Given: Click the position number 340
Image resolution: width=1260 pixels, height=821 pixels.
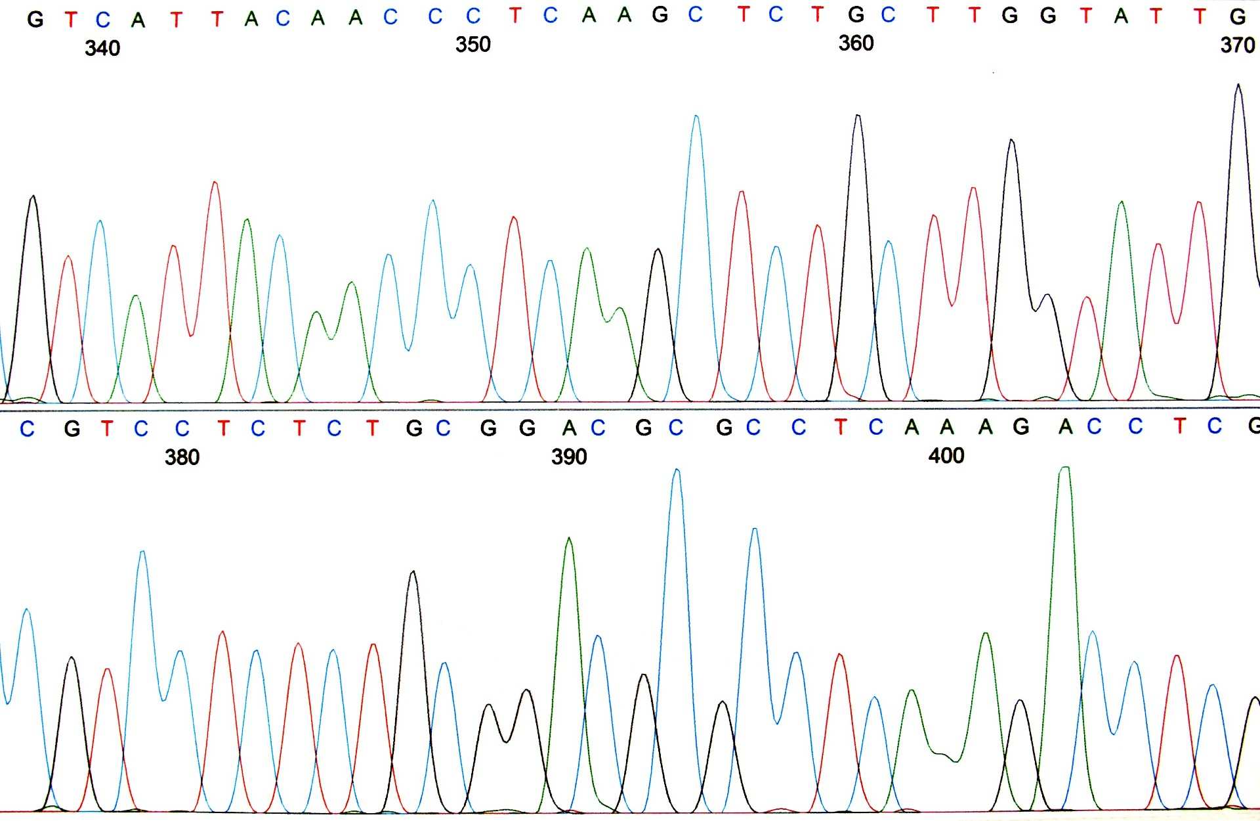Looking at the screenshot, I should (x=102, y=48).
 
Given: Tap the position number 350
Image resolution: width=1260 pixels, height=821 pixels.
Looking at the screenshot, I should (x=472, y=45).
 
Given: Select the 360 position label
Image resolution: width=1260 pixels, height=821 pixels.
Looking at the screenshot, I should (x=856, y=43).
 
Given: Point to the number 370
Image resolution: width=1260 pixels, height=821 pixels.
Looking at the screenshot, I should (x=1237, y=45).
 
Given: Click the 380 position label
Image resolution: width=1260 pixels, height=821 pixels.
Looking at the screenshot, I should (x=182, y=457).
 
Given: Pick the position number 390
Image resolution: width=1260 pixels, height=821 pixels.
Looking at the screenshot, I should (x=569, y=456).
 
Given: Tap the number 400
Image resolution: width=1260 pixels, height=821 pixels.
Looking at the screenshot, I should (x=946, y=455).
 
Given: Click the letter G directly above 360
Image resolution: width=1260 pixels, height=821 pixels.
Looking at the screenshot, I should (x=856, y=14).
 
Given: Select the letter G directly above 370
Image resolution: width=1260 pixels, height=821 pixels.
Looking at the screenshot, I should (x=1238, y=16).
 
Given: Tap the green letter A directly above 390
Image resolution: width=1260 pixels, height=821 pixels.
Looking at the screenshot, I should (x=569, y=428).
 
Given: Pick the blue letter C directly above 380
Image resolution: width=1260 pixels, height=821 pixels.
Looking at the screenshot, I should (x=182, y=428).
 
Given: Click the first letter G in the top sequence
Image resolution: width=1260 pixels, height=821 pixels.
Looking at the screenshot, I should (x=35, y=20).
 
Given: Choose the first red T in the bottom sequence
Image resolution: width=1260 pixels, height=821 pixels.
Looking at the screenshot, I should (x=107, y=428).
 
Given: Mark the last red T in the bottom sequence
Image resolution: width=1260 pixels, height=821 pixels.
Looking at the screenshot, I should (x=1179, y=426).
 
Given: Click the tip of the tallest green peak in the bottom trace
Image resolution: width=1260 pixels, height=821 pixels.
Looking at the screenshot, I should (x=1065, y=468).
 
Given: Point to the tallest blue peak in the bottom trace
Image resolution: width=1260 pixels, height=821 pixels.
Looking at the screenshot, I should (x=677, y=470).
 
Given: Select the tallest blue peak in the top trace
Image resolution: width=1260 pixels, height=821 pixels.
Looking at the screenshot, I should (x=696, y=116).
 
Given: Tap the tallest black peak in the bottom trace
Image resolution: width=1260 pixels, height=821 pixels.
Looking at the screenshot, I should (x=413, y=571).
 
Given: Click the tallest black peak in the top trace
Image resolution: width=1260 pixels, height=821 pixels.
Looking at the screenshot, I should (x=1238, y=85).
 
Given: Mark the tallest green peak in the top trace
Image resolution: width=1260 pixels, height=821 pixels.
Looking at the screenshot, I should (x=1122, y=202).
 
